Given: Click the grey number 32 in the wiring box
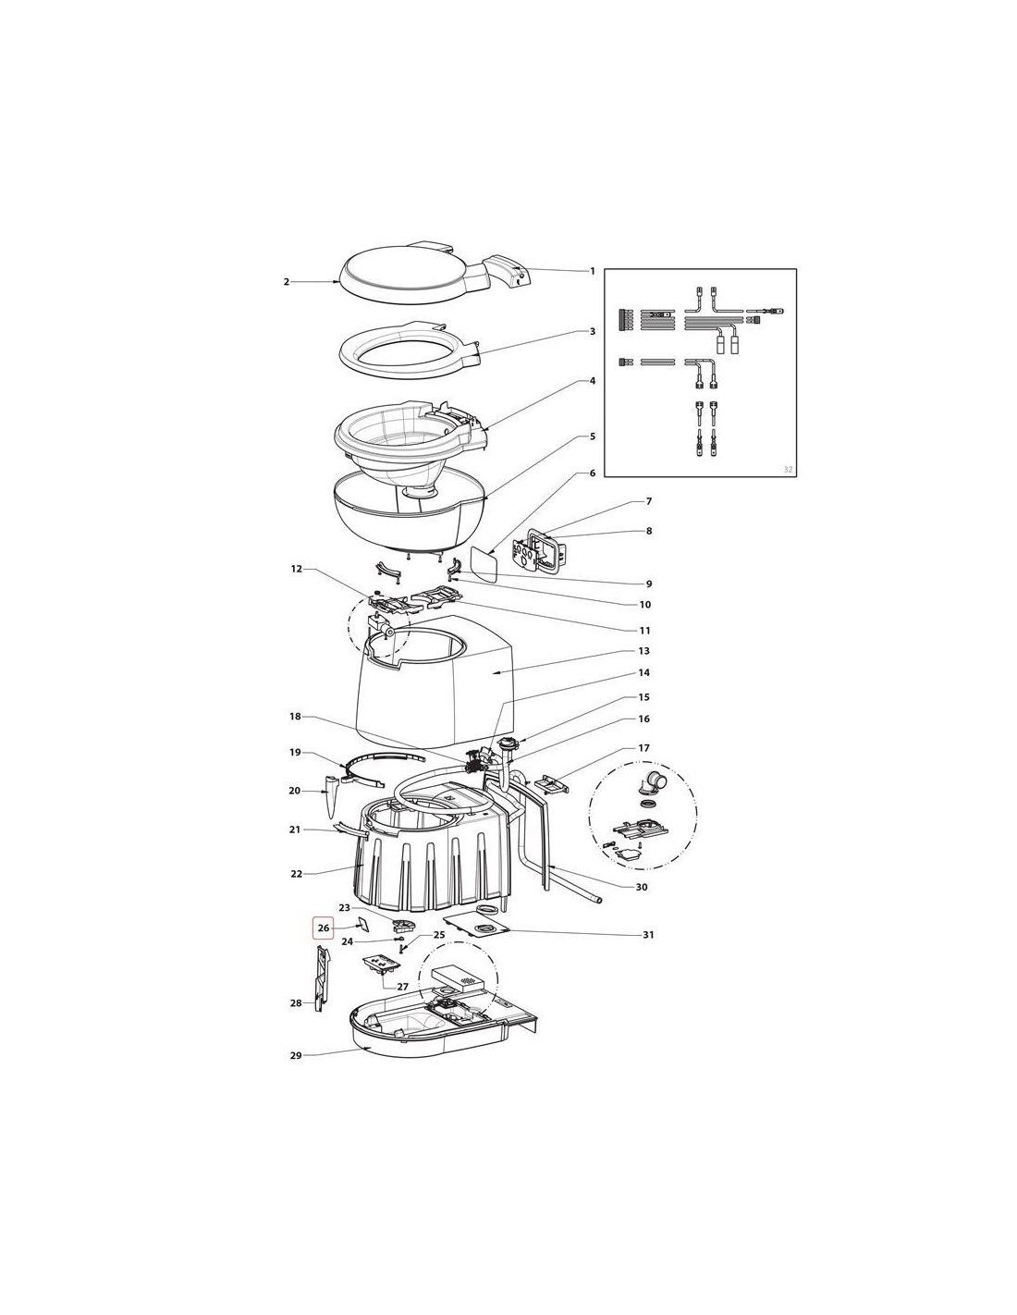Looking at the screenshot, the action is (x=788, y=469).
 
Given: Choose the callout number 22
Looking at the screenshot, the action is (x=296, y=874).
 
